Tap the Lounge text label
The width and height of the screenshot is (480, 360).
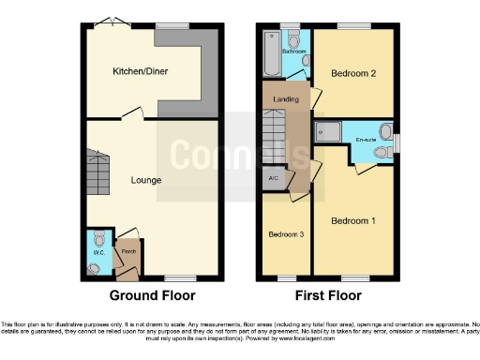146,180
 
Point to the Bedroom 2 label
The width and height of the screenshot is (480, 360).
352,73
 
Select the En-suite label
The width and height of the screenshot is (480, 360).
367,141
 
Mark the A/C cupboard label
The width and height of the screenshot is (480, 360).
273,176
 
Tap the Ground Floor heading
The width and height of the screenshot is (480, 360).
153,295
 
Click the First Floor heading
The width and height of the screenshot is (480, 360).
327,295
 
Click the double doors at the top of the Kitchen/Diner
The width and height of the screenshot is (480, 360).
111,21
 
